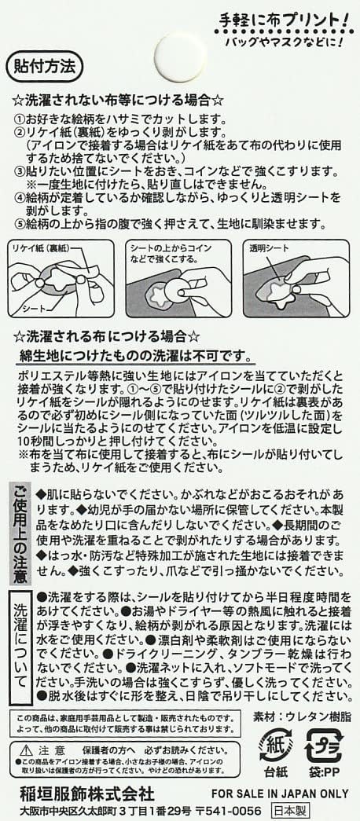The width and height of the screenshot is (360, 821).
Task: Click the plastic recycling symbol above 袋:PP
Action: point(323,745)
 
